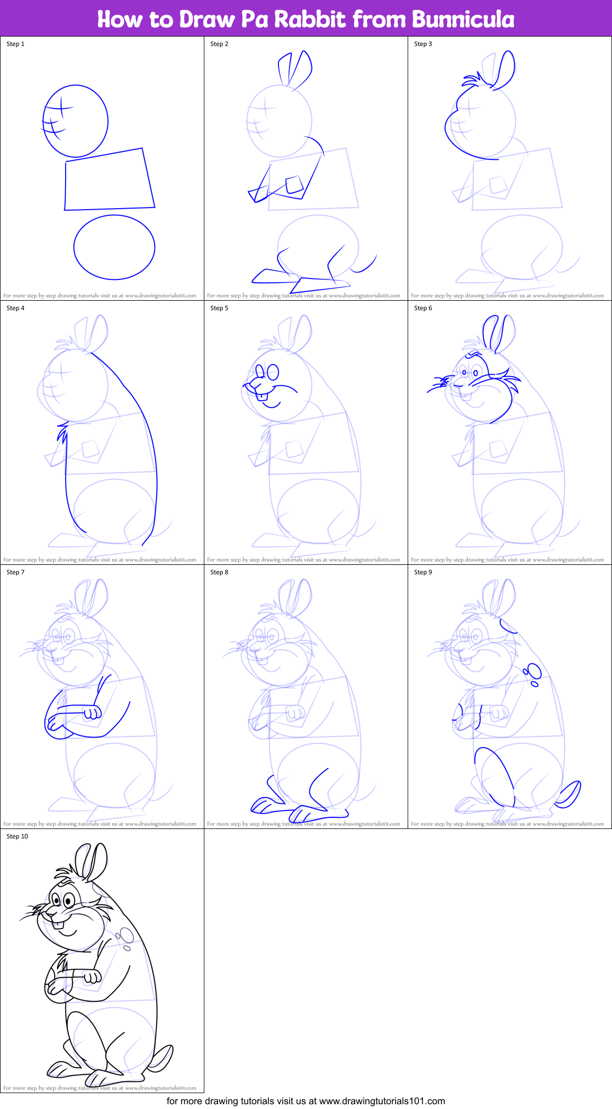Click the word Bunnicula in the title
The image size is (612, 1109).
pyautogui.click(x=463, y=20)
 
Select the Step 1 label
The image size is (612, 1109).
pyautogui.click(x=15, y=44)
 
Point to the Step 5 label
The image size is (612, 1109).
pyautogui.click(x=219, y=308)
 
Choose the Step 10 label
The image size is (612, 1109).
pyautogui.click(x=17, y=836)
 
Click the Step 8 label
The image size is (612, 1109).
pyautogui.click(x=219, y=572)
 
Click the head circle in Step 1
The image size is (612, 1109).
pyautogui.click(x=76, y=121)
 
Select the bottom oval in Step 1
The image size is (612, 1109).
pyautogui.click(x=114, y=247)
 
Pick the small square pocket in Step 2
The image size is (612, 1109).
pyautogui.click(x=294, y=185)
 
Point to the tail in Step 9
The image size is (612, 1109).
pyautogui.click(x=570, y=795)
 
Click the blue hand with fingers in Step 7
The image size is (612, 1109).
pyautogui.click(x=93, y=713)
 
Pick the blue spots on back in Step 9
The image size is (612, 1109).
pyautogui.click(x=533, y=673)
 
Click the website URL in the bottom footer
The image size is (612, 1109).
pyautogui.click(x=382, y=1101)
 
